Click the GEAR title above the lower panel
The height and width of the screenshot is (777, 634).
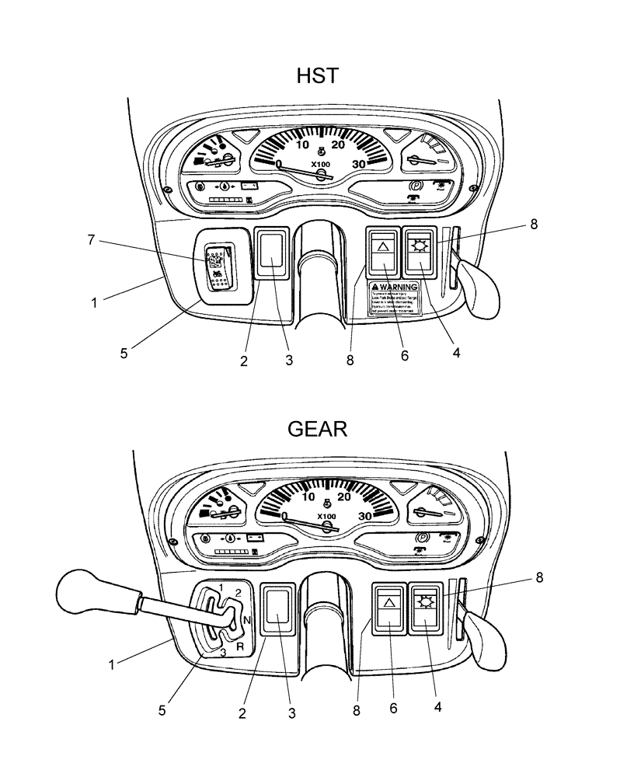point(317,429)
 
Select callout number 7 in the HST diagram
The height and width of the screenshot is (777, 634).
point(91,240)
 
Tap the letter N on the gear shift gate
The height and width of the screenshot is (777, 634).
point(246,620)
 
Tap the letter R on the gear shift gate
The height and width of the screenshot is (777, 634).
point(242,646)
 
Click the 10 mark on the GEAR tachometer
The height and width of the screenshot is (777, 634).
point(308,498)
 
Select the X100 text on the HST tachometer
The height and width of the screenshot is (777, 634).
point(320,165)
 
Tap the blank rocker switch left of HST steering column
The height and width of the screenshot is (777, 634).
point(273,252)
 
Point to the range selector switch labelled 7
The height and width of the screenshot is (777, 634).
point(216,265)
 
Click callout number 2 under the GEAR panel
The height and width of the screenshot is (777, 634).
point(243,713)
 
